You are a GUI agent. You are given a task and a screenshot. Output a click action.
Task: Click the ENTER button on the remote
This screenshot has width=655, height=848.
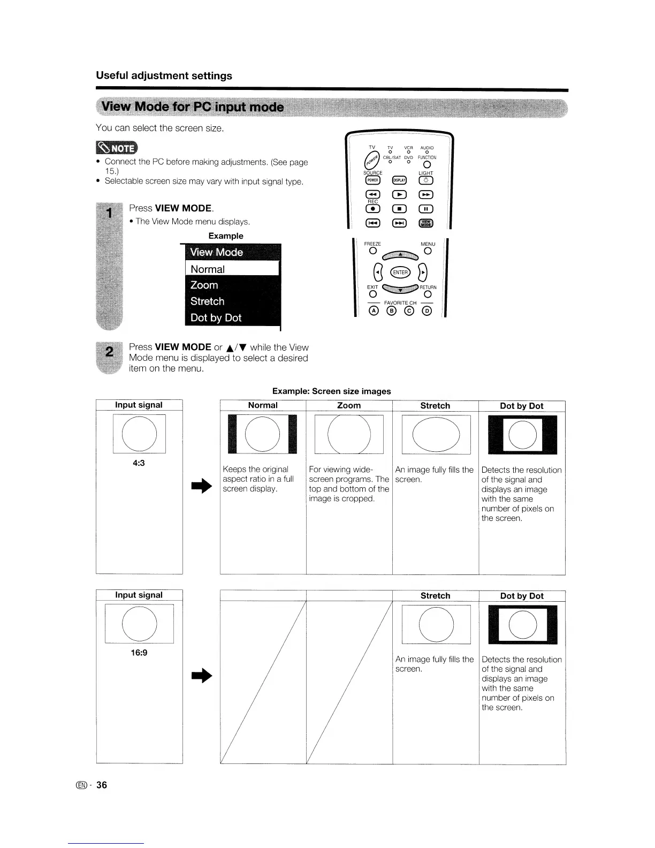pyautogui.click(x=400, y=272)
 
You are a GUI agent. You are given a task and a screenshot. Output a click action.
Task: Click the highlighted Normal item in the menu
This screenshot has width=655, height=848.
pyautogui.click(x=232, y=269)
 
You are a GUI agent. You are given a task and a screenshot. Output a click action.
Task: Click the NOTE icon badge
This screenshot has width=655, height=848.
pyautogui.click(x=116, y=147)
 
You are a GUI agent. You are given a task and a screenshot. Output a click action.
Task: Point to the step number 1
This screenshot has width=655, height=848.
pyautogui.click(x=109, y=213)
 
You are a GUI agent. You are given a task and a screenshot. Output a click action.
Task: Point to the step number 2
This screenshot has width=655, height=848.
pyautogui.click(x=109, y=352)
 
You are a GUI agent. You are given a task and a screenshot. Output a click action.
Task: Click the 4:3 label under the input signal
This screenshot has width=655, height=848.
pyautogui.click(x=139, y=463)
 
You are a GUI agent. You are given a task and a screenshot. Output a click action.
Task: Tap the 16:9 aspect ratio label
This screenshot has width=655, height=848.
pyautogui.click(x=139, y=653)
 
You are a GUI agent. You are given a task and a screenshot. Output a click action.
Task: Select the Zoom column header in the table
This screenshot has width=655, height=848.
pyautogui.click(x=349, y=406)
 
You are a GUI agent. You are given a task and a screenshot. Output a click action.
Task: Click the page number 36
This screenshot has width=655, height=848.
pyautogui.click(x=102, y=785)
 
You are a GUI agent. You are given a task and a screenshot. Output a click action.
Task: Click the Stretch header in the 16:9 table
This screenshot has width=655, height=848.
pyautogui.click(x=435, y=596)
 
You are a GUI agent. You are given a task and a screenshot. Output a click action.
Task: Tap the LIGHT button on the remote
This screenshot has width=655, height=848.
pyautogui.click(x=426, y=180)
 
